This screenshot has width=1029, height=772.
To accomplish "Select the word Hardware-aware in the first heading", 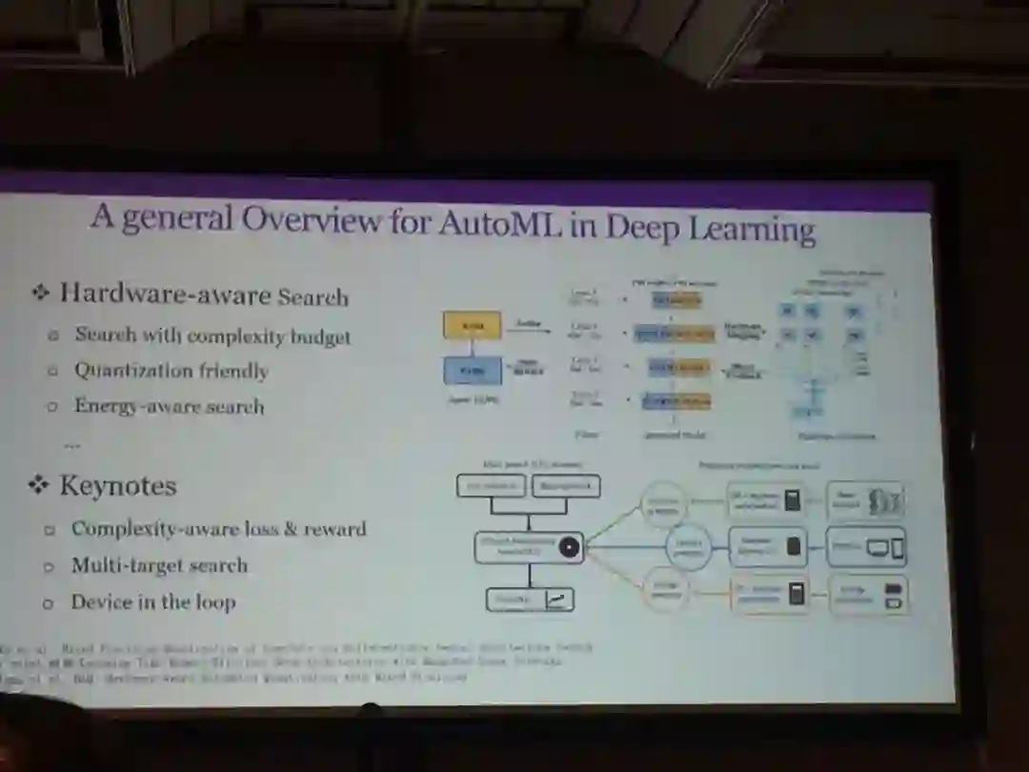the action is pos(165,294).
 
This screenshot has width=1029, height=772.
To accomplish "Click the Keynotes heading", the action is pos(118,486).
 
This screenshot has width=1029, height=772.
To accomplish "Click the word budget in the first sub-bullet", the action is pos(319,337).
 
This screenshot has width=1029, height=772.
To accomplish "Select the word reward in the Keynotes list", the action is pos(334,530).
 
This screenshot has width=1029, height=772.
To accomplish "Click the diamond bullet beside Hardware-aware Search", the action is pos(40,293).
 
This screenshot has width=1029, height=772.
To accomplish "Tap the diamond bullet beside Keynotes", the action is pos(38,486).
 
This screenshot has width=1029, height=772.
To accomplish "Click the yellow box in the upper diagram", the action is pos(472,326).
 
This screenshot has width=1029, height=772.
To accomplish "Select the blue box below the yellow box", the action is pos(473,370).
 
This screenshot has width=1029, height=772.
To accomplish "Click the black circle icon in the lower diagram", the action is pos(569,547).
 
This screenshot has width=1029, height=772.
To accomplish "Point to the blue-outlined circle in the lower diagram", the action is pos(688,547).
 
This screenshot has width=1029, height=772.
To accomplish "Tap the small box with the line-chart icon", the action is pos(531,599).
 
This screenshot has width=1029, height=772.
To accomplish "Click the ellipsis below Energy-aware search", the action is pos(71,445).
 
